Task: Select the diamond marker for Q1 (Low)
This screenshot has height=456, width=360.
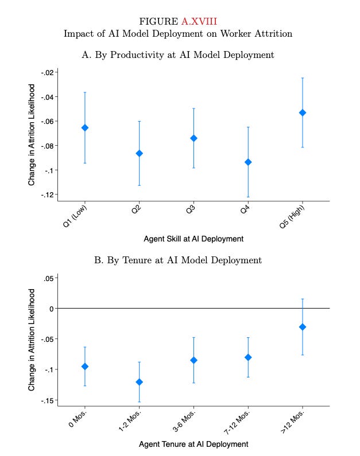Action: tap(85, 127)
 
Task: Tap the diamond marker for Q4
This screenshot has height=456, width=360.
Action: tap(248, 162)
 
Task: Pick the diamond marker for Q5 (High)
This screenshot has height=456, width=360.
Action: tap(303, 112)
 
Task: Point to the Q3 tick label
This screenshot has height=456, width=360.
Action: tap(191, 211)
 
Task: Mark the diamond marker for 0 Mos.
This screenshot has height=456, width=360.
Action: tap(85, 366)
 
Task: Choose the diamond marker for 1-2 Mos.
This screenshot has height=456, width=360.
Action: tap(140, 382)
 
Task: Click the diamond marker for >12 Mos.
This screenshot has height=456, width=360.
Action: tap(303, 327)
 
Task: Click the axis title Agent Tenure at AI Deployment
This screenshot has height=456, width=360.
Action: tap(193, 444)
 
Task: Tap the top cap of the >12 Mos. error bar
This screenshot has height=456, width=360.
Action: tap(303, 299)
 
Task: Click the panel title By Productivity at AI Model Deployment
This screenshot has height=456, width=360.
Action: tap(178, 55)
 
